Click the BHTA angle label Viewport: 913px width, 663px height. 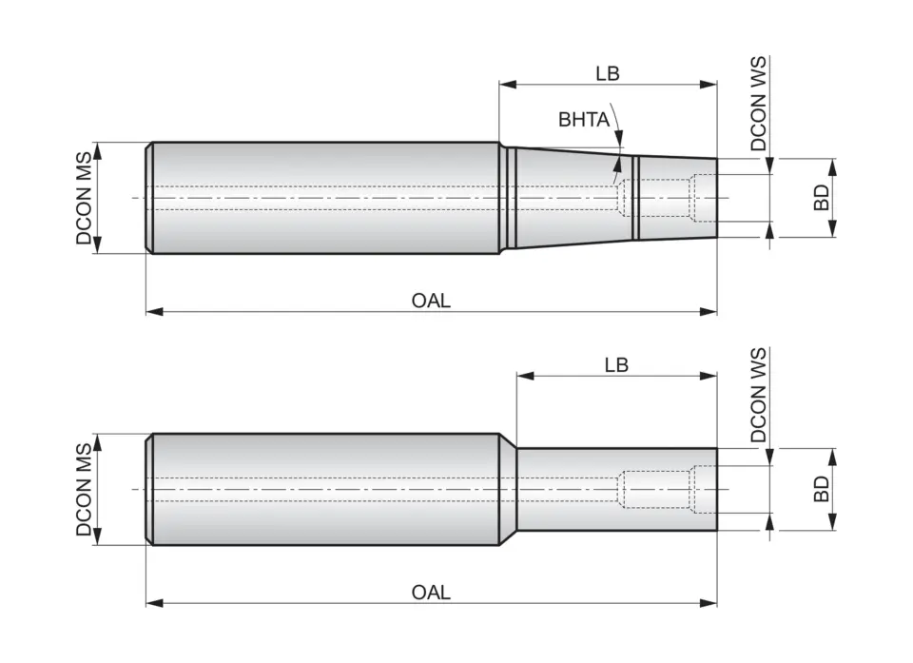tap(584, 120)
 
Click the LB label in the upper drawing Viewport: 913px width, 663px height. tap(607, 73)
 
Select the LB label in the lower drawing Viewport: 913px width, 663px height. tap(615, 365)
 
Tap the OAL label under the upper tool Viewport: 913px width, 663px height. tap(431, 301)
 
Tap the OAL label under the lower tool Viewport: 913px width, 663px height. tap(431, 593)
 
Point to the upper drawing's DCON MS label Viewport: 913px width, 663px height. tap(85, 198)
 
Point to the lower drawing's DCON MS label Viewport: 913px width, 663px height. tap(85, 489)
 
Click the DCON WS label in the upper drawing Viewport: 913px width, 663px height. tap(758, 105)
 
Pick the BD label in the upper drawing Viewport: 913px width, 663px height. tap(823, 198)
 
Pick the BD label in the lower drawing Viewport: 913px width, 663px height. tap(823, 489)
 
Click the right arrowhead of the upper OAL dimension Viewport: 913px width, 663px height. tap(709, 311)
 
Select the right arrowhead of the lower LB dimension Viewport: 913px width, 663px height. tap(709, 377)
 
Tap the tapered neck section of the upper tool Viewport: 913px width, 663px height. tap(571, 198)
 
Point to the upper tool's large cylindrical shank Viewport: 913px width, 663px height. tap(323, 198)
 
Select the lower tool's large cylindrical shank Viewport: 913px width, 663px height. tap(323, 489)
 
